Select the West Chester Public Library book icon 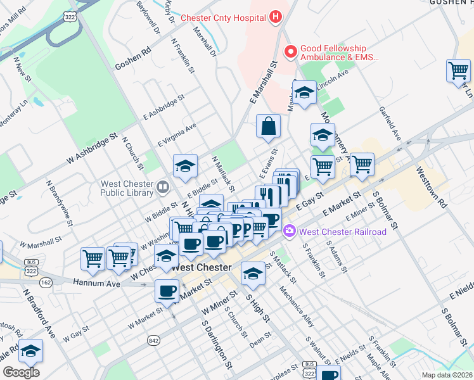(x=163, y=187)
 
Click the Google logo (x=21, y=372)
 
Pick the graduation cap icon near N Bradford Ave (x=30, y=350)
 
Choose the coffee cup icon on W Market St (x=167, y=291)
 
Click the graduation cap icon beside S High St (x=253, y=273)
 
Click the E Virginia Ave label (x=177, y=134)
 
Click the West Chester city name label (x=201, y=267)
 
